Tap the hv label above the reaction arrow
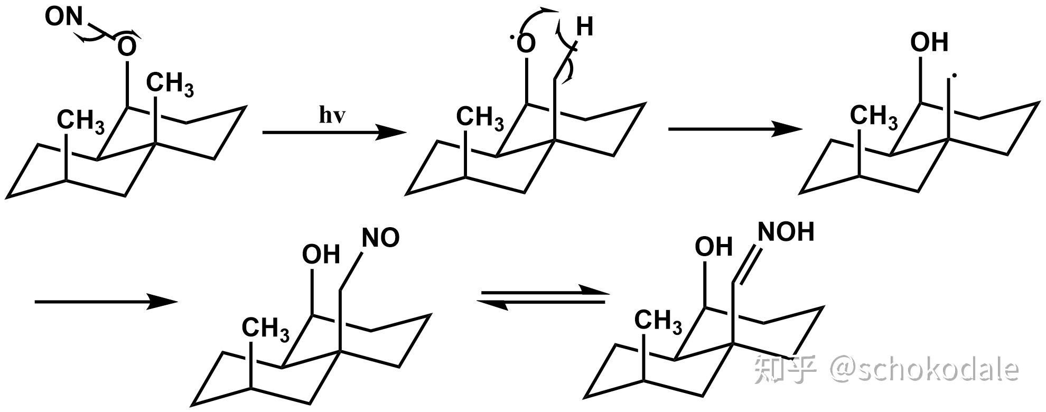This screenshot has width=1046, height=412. click(332, 116)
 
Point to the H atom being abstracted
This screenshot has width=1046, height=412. click(584, 26)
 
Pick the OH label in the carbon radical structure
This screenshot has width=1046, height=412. click(929, 42)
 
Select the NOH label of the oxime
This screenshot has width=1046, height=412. click(786, 232)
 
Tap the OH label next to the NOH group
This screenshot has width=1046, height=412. click(713, 247)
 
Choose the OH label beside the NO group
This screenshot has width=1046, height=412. click(321, 255)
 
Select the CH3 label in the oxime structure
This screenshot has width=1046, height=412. click(658, 321)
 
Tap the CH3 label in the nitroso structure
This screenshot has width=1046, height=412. click(265, 329)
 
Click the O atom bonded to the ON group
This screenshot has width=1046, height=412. click(127, 48)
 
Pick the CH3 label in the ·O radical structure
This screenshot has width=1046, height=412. click(480, 118)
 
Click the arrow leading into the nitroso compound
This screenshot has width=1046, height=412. click(106, 302)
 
